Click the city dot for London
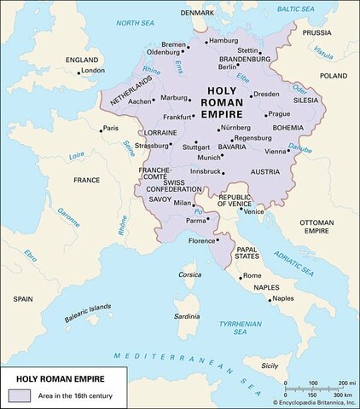[x=78, y=72]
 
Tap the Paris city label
[x=110, y=128]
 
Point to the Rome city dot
[x=240, y=276]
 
